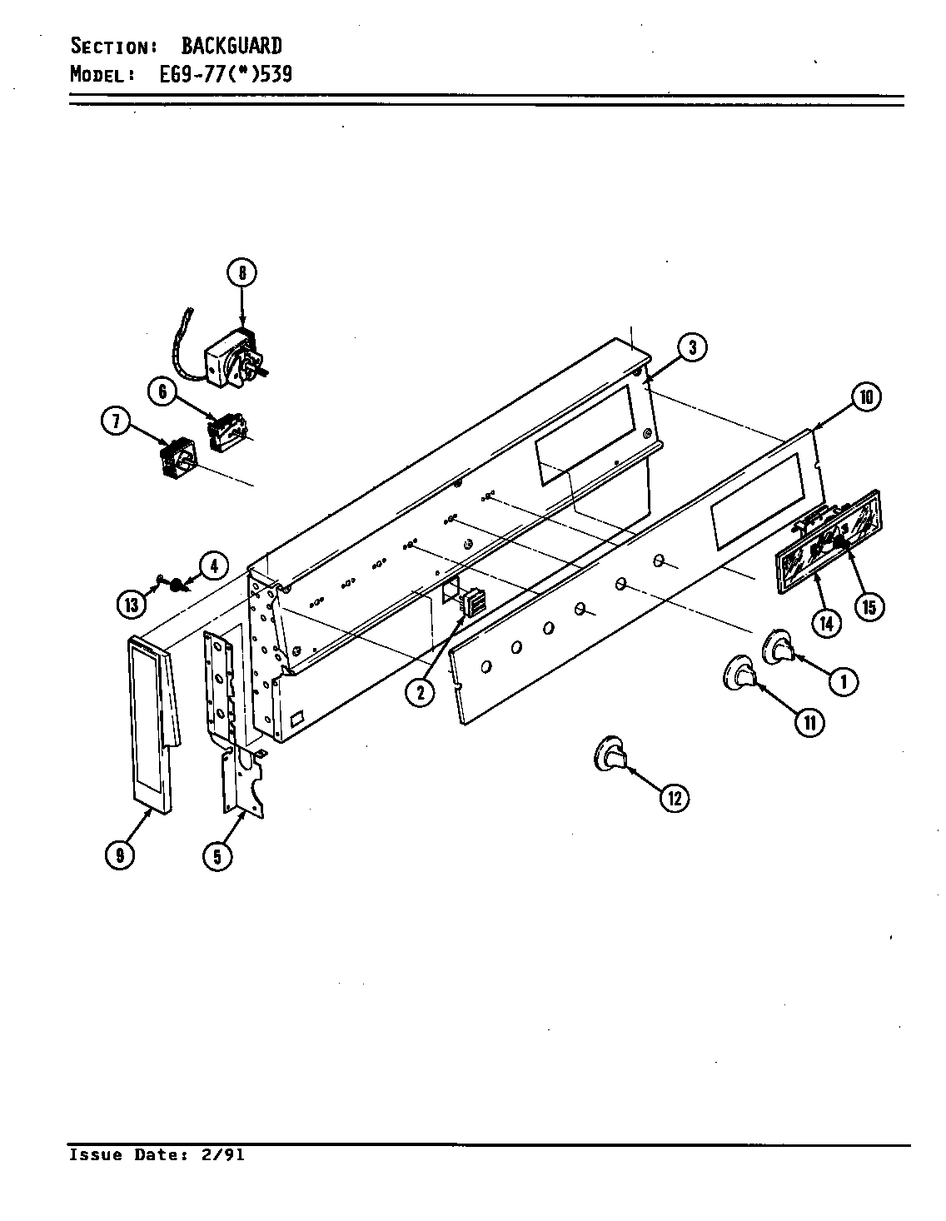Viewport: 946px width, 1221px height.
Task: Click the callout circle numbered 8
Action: click(x=241, y=273)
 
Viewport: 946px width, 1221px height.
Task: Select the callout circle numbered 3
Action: click(x=691, y=348)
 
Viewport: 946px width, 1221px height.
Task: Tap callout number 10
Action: click(x=865, y=397)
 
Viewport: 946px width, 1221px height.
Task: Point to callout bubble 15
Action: click(x=868, y=606)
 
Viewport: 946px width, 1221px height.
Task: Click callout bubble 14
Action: click(x=826, y=622)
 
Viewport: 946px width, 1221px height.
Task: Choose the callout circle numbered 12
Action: click(x=675, y=798)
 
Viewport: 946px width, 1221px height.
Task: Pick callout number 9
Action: click(x=120, y=855)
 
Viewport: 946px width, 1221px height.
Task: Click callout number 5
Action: click(x=217, y=855)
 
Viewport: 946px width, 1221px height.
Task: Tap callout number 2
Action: click(x=421, y=691)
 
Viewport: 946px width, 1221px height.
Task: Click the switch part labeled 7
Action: click(x=176, y=462)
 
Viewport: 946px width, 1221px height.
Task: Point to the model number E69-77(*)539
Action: click(x=225, y=74)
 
